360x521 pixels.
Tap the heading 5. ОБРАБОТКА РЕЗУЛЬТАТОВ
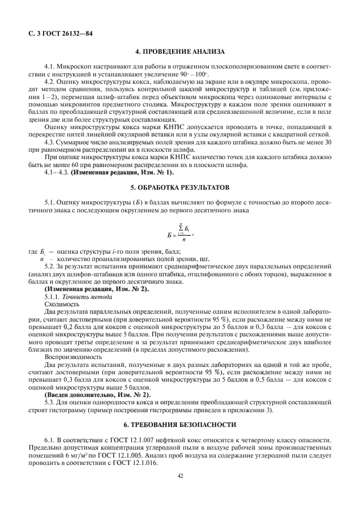179,186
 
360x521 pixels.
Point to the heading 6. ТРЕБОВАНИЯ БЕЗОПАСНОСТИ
179,424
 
